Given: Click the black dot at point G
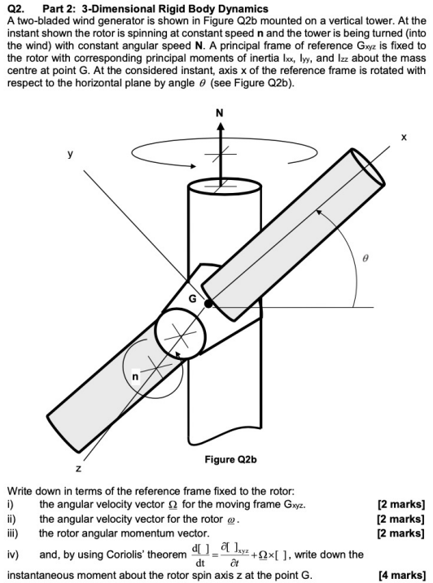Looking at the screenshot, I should tap(210, 304).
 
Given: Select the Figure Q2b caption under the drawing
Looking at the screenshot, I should tap(231, 460).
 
